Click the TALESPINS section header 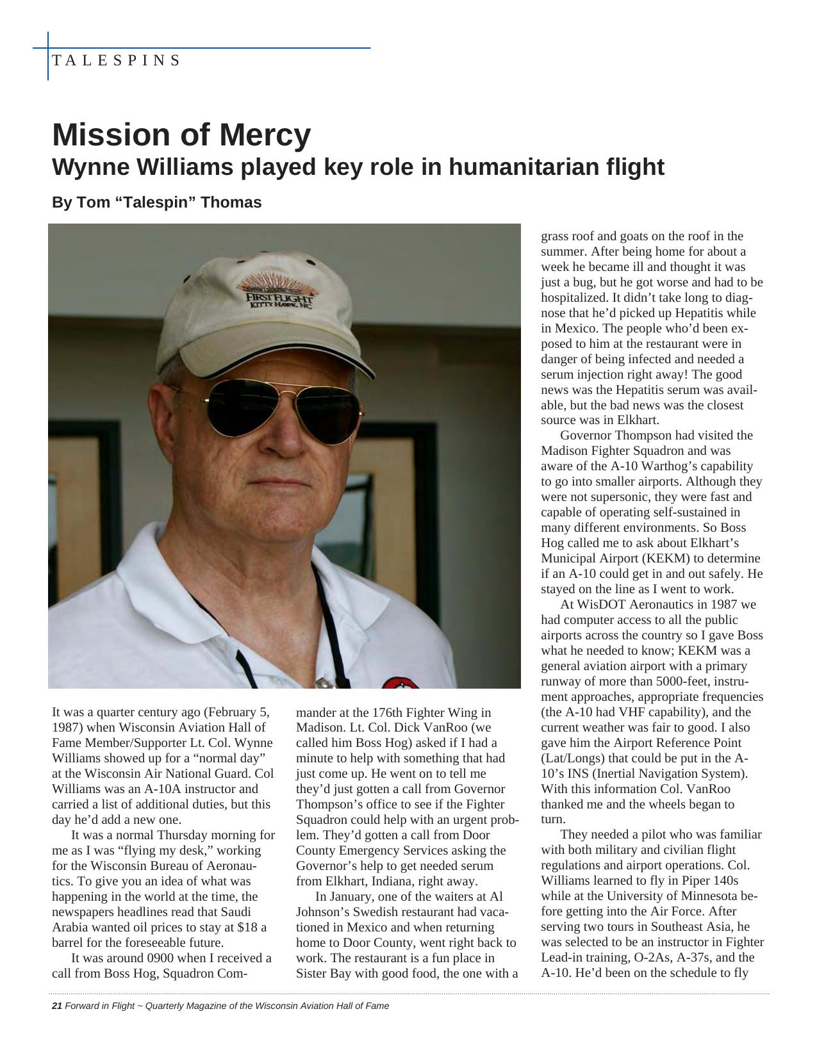click(116, 61)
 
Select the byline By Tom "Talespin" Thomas click(156, 202)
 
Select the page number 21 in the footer click(56, 1006)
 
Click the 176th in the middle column click(384, 712)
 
